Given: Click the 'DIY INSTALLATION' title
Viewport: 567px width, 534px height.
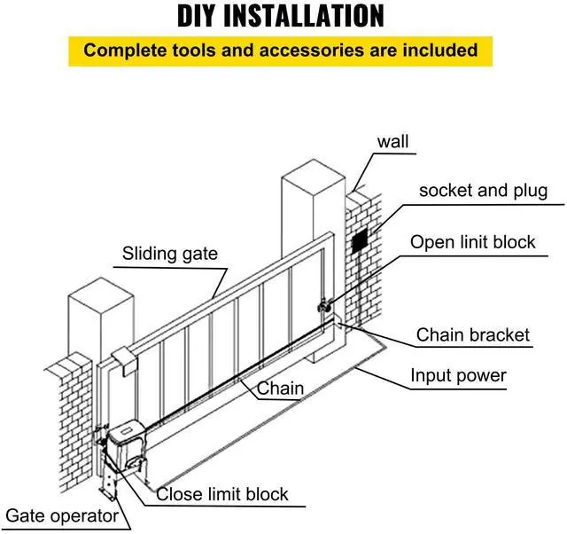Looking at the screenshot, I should [x=282, y=16].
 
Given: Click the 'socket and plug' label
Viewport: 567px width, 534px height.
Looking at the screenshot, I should [x=483, y=191].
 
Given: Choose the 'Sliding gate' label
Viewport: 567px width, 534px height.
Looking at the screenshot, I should [x=169, y=254].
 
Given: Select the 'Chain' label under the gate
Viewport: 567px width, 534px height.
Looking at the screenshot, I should [x=281, y=388].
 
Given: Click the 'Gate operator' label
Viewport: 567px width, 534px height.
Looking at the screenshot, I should [x=62, y=515].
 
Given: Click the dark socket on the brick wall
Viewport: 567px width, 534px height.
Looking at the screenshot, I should [x=360, y=240].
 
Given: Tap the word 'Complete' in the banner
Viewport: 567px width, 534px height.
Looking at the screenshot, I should [x=122, y=50].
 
